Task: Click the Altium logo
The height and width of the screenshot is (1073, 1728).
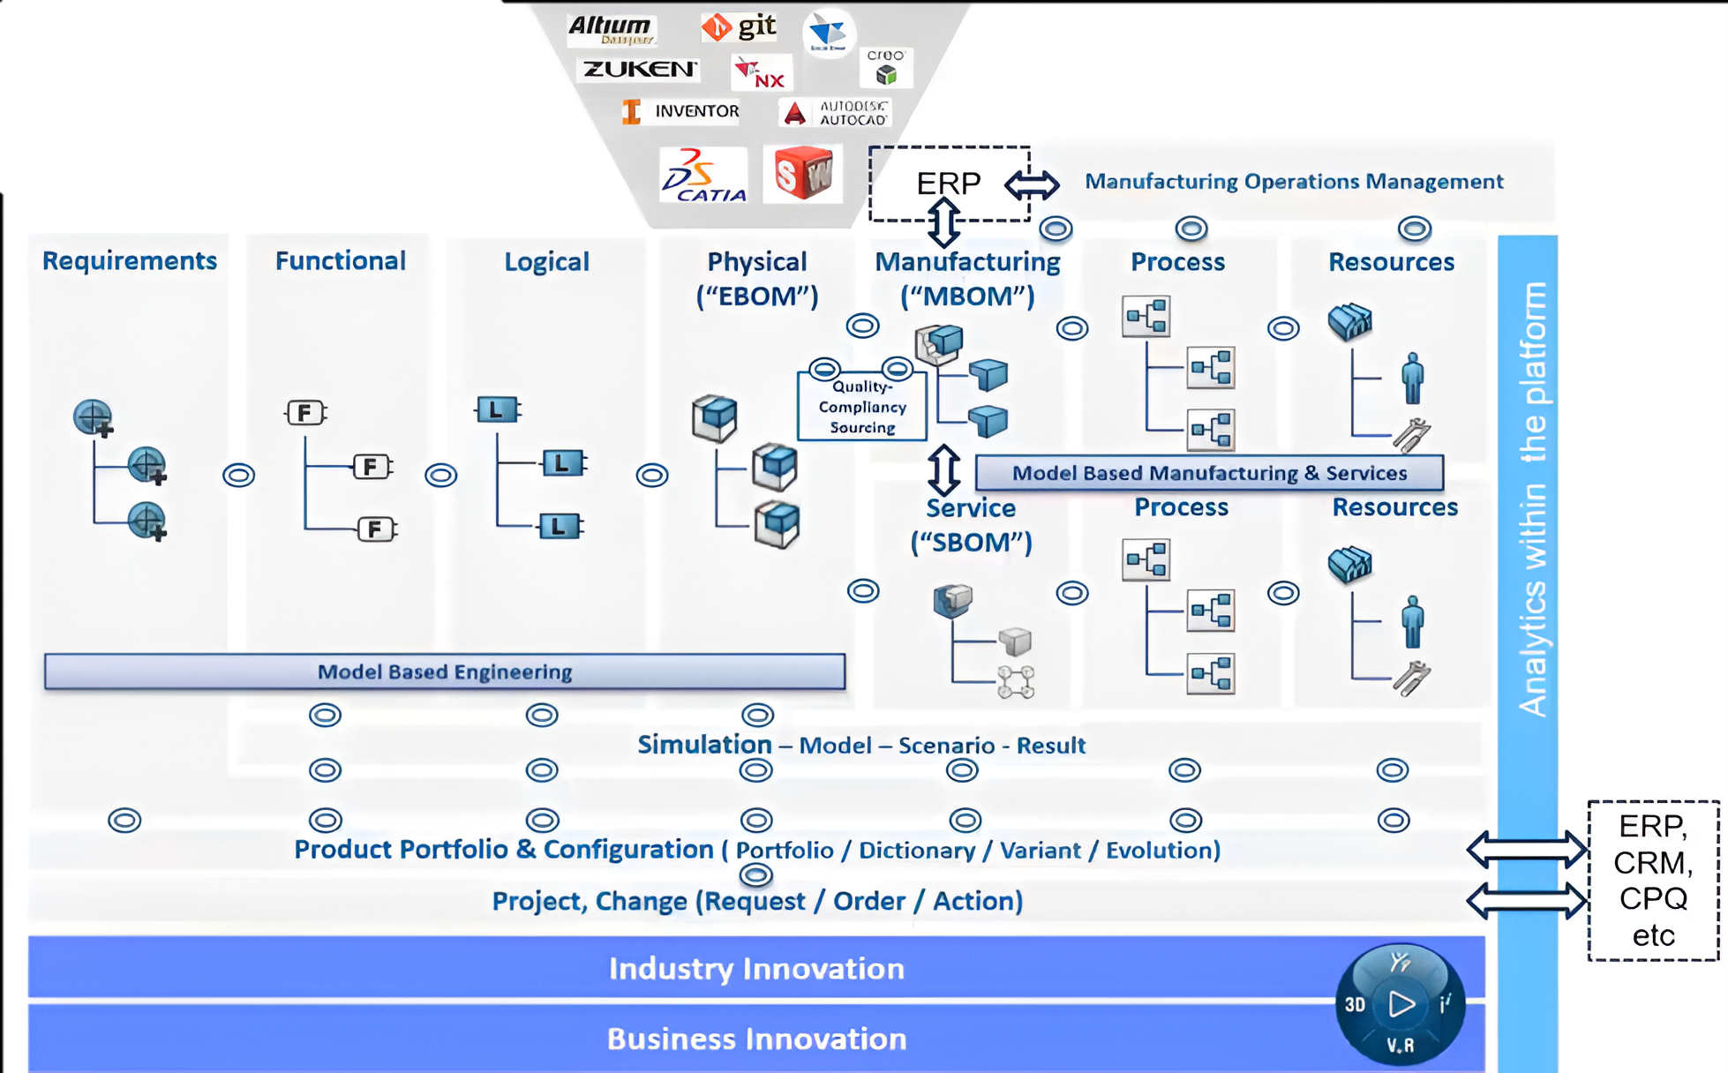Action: pos(611,29)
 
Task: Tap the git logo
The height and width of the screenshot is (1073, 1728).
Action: pos(740,27)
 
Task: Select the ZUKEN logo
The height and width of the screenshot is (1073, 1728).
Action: pos(640,69)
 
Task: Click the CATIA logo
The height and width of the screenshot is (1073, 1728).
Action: pos(703,175)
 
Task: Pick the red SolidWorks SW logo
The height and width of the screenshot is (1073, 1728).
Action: pos(802,173)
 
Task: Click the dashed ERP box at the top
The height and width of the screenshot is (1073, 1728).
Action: pos(948,183)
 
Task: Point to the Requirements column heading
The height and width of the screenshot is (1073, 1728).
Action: pos(130,260)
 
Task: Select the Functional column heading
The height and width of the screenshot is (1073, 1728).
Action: pos(340,260)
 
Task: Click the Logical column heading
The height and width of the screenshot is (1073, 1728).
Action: pos(546,261)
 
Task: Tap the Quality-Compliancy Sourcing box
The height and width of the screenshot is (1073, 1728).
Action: pos(862,407)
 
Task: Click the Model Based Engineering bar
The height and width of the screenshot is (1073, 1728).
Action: pos(445,672)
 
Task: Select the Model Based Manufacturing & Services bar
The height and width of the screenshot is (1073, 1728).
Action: pos(1209,473)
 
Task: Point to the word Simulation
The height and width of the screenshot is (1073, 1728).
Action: pos(704,745)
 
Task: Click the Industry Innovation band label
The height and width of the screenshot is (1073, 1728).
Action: pos(756,968)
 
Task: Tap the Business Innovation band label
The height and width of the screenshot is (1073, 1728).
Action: pos(756,1039)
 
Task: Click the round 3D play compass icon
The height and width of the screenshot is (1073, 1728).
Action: pos(1401,1004)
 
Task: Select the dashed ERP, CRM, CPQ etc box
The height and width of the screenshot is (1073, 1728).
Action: pos(1653,880)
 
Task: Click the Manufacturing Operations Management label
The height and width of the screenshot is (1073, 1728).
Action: pos(1294,182)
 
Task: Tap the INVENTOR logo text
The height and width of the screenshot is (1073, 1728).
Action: pos(696,111)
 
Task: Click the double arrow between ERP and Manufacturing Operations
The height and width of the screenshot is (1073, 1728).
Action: pos(1032,184)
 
